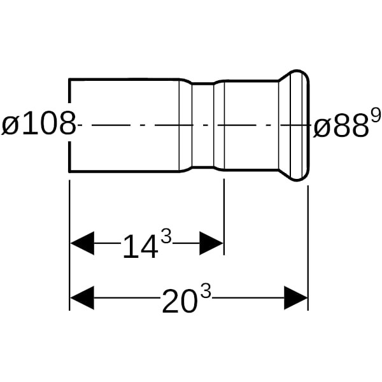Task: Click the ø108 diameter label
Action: (x=39, y=124)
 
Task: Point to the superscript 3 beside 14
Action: (x=167, y=237)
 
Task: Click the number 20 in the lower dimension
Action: (x=180, y=301)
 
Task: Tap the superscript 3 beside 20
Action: (x=205, y=292)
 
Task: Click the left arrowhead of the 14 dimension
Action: (x=82, y=243)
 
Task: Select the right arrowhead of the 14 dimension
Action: (x=211, y=243)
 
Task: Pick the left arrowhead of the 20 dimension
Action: (x=82, y=298)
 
